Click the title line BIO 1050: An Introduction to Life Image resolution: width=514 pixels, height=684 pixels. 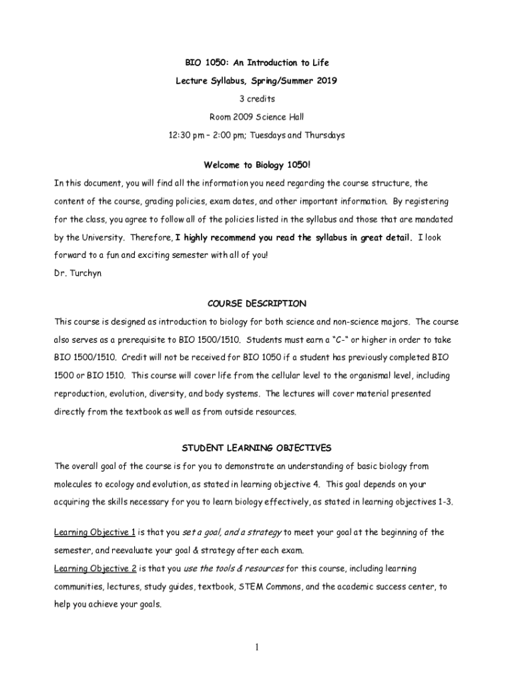(x=257, y=63)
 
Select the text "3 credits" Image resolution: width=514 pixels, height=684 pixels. (x=257, y=99)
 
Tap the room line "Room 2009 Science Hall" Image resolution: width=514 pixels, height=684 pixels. (x=257, y=117)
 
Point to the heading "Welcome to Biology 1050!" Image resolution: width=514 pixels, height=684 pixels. (x=257, y=165)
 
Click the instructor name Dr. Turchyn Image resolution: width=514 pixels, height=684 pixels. (x=78, y=273)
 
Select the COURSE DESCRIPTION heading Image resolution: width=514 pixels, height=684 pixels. (x=257, y=303)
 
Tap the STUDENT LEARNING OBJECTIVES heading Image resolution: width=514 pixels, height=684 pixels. (x=257, y=448)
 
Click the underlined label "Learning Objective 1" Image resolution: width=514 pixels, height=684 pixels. (x=95, y=532)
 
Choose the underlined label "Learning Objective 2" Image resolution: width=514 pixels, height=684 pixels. (x=95, y=568)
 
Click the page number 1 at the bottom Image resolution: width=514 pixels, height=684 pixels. (x=257, y=647)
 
